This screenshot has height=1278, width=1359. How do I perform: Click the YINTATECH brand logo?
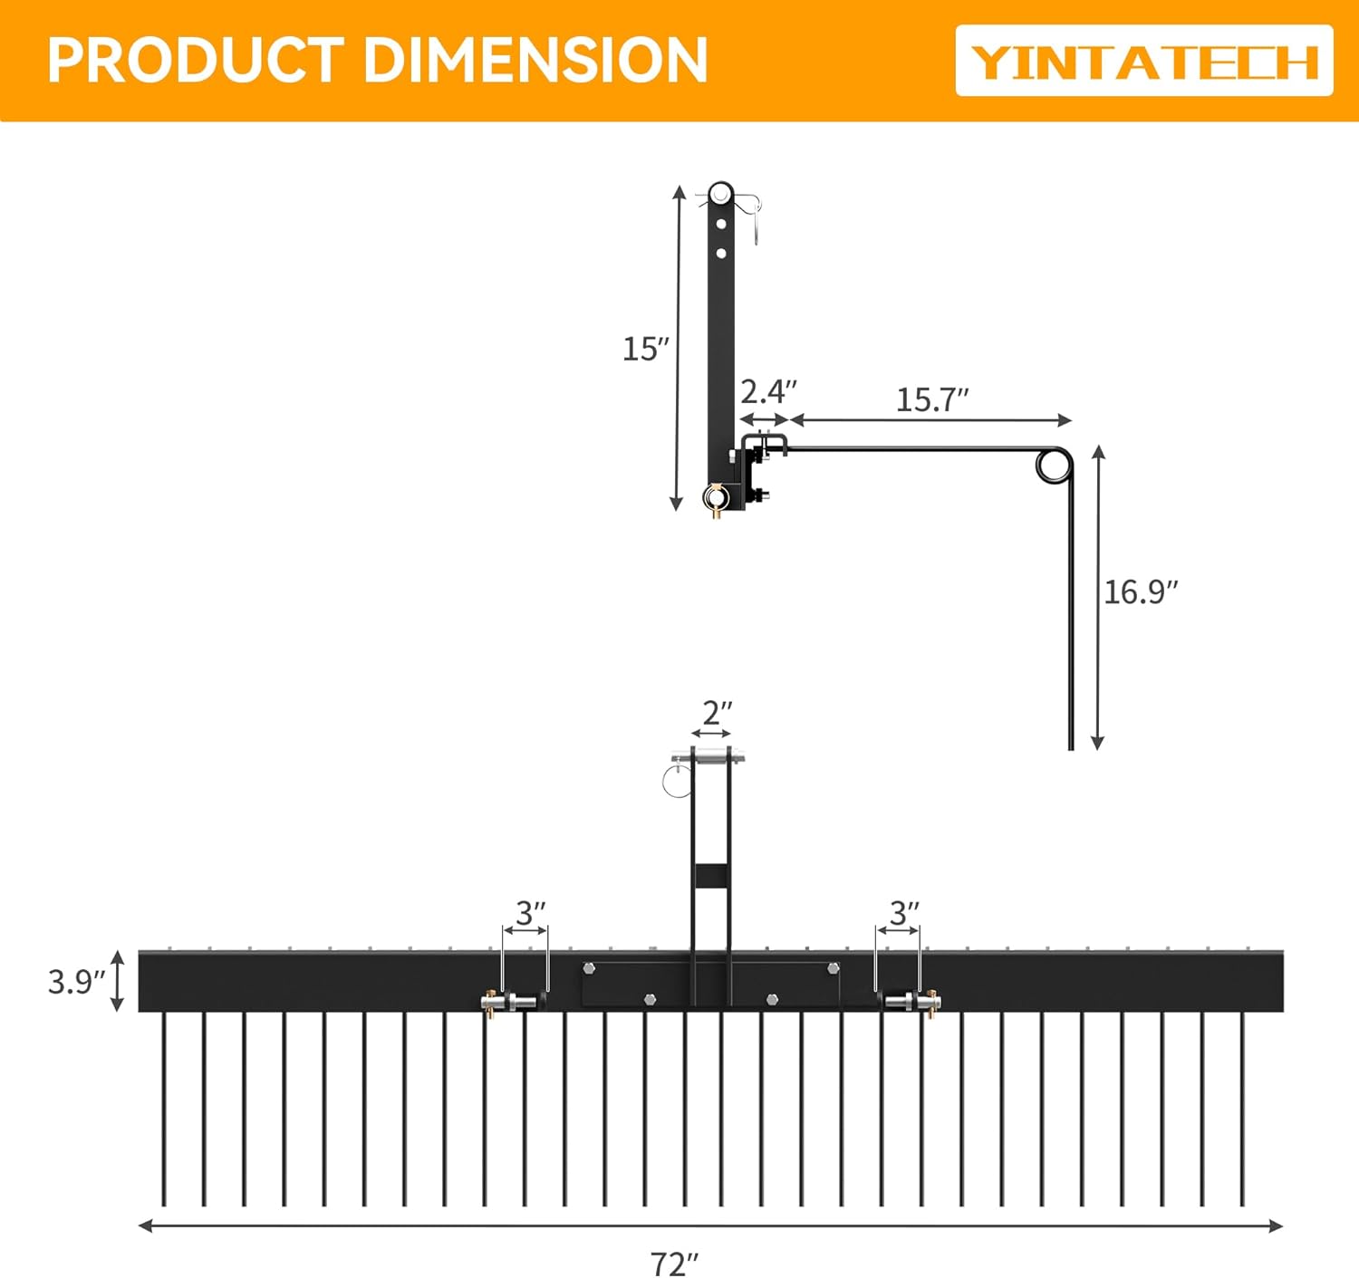pyautogui.click(x=1144, y=62)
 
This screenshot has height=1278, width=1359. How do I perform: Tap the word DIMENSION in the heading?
pyautogui.click(x=535, y=61)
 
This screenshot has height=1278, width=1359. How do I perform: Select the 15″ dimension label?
pyautogui.click(x=645, y=349)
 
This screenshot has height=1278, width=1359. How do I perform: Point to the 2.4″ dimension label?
pyautogui.click(x=768, y=392)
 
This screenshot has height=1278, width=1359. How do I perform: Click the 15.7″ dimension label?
pyautogui.click(x=932, y=399)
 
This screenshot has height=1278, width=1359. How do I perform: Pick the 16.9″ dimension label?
pyautogui.click(x=1141, y=591)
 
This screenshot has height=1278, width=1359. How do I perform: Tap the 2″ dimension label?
pyautogui.click(x=717, y=713)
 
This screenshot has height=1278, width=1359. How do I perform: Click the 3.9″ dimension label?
pyautogui.click(x=76, y=982)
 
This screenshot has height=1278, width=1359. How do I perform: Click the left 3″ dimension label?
pyautogui.click(x=531, y=913)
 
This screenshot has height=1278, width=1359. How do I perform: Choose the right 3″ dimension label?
pyautogui.click(x=903, y=913)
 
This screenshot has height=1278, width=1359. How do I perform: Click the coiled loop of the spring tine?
pyautogui.click(x=1053, y=466)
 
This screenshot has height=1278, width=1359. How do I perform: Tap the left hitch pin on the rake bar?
pyautogui.click(x=507, y=1002)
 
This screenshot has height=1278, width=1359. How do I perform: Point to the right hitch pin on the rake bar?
pyautogui.click(x=911, y=1001)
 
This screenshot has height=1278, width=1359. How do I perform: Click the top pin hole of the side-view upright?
pyautogui.click(x=721, y=193)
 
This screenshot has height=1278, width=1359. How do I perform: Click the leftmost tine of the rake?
pyautogui.click(x=164, y=1110)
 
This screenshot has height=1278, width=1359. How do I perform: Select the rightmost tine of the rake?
pyautogui.click(x=1242, y=1110)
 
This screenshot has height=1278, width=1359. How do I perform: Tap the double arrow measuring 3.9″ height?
pyautogui.click(x=117, y=981)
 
